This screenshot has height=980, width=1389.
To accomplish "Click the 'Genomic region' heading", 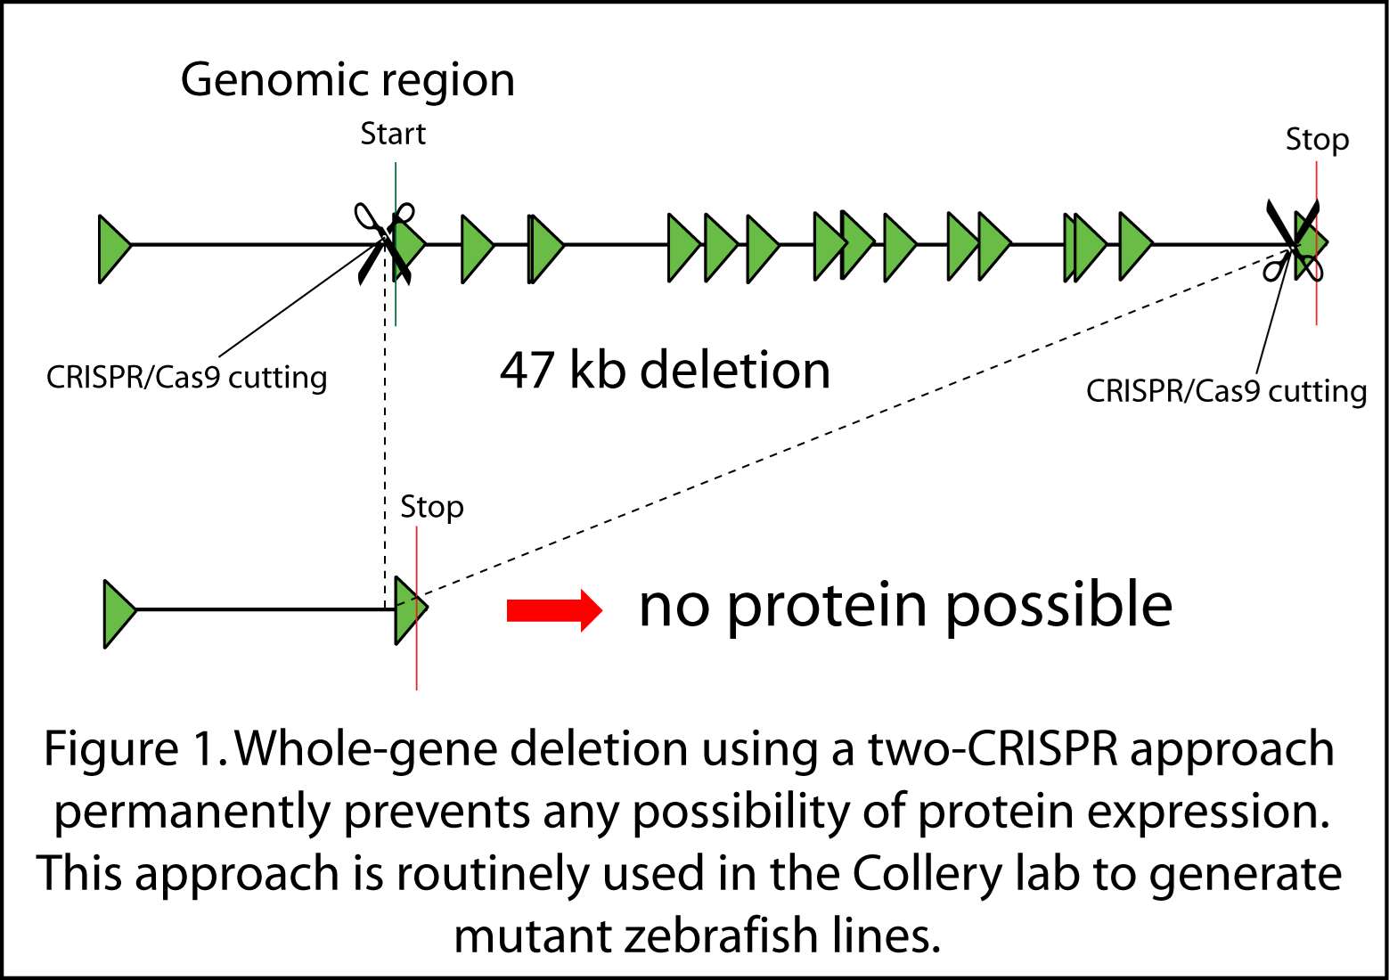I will point(347,80).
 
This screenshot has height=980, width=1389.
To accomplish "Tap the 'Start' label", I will point(393,134).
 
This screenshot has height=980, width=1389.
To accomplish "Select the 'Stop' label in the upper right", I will point(1317,140).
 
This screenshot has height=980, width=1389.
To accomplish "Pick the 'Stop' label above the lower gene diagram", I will point(432,507).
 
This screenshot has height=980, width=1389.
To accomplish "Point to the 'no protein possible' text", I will point(905,605).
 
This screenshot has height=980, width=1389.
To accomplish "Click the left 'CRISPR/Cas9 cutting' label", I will point(187,378).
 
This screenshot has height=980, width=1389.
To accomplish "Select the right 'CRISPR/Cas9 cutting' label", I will point(1226,391).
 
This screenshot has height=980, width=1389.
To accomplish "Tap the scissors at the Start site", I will point(385,241).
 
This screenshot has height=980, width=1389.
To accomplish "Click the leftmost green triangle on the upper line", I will point(113,249).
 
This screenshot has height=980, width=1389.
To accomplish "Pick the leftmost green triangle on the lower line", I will point(118,613).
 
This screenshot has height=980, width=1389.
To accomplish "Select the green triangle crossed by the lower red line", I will point(410,609).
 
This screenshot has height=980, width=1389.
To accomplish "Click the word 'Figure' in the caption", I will point(111,749).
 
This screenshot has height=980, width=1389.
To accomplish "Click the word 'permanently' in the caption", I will point(192,812).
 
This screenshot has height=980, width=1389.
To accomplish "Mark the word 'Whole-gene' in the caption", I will point(360,749).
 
